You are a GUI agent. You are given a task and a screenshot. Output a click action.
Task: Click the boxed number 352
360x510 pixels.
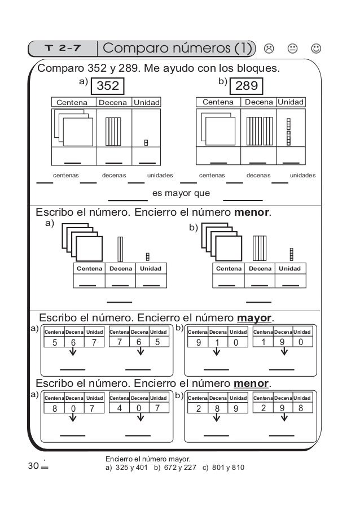tap(108, 86)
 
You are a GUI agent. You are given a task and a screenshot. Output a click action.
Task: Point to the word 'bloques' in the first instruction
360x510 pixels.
tap(257, 69)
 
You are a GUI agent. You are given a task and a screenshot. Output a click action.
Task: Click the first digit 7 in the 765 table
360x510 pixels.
tap(120, 342)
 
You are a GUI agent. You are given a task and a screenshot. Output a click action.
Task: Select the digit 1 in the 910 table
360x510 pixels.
tap(217, 342)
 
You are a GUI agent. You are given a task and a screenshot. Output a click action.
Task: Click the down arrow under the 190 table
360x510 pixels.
tap(283, 352)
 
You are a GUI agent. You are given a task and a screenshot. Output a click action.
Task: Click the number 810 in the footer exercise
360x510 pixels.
tap(236, 468)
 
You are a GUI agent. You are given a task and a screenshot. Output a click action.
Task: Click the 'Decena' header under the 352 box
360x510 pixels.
tap(113, 103)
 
